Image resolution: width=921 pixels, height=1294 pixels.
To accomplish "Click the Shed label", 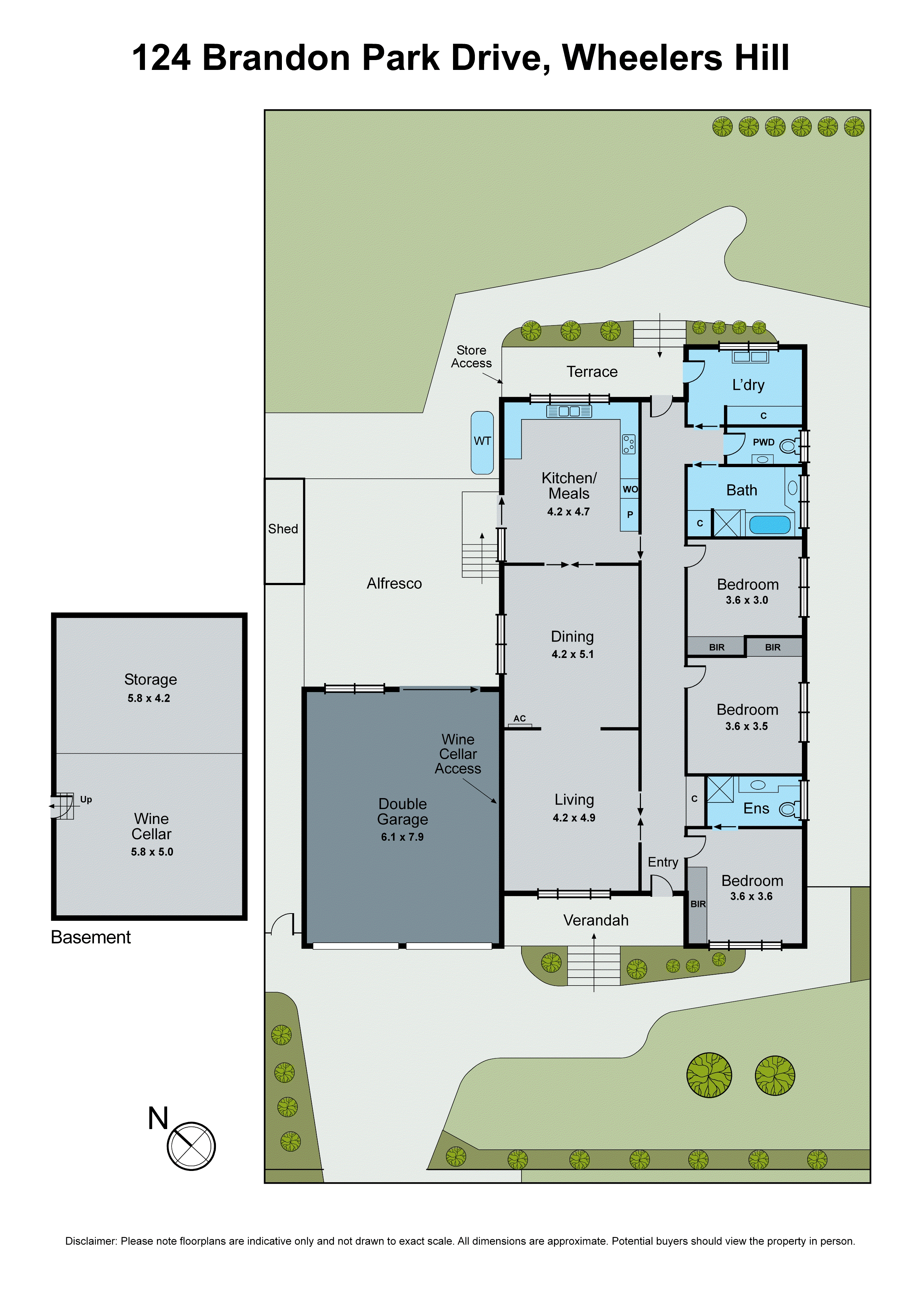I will pyautogui.click(x=283, y=529).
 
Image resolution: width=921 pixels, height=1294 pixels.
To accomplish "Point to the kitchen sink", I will pyautogui.click(x=569, y=411).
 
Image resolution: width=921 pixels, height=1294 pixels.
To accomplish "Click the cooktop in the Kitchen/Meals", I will pyautogui.click(x=628, y=444).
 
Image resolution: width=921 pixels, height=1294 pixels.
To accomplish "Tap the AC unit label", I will pyautogui.click(x=519, y=718).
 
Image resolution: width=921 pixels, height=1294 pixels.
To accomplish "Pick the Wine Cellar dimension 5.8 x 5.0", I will pyautogui.click(x=152, y=852).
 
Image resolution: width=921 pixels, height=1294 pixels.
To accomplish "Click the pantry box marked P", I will pyautogui.click(x=630, y=515).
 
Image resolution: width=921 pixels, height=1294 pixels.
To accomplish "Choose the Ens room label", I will pyautogui.click(x=756, y=809).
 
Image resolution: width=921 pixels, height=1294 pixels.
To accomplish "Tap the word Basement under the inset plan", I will pyautogui.click(x=91, y=937).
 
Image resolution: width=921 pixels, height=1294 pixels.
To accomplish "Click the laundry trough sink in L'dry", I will pyautogui.click(x=750, y=357).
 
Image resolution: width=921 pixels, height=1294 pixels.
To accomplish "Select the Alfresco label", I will pyautogui.click(x=394, y=584).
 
